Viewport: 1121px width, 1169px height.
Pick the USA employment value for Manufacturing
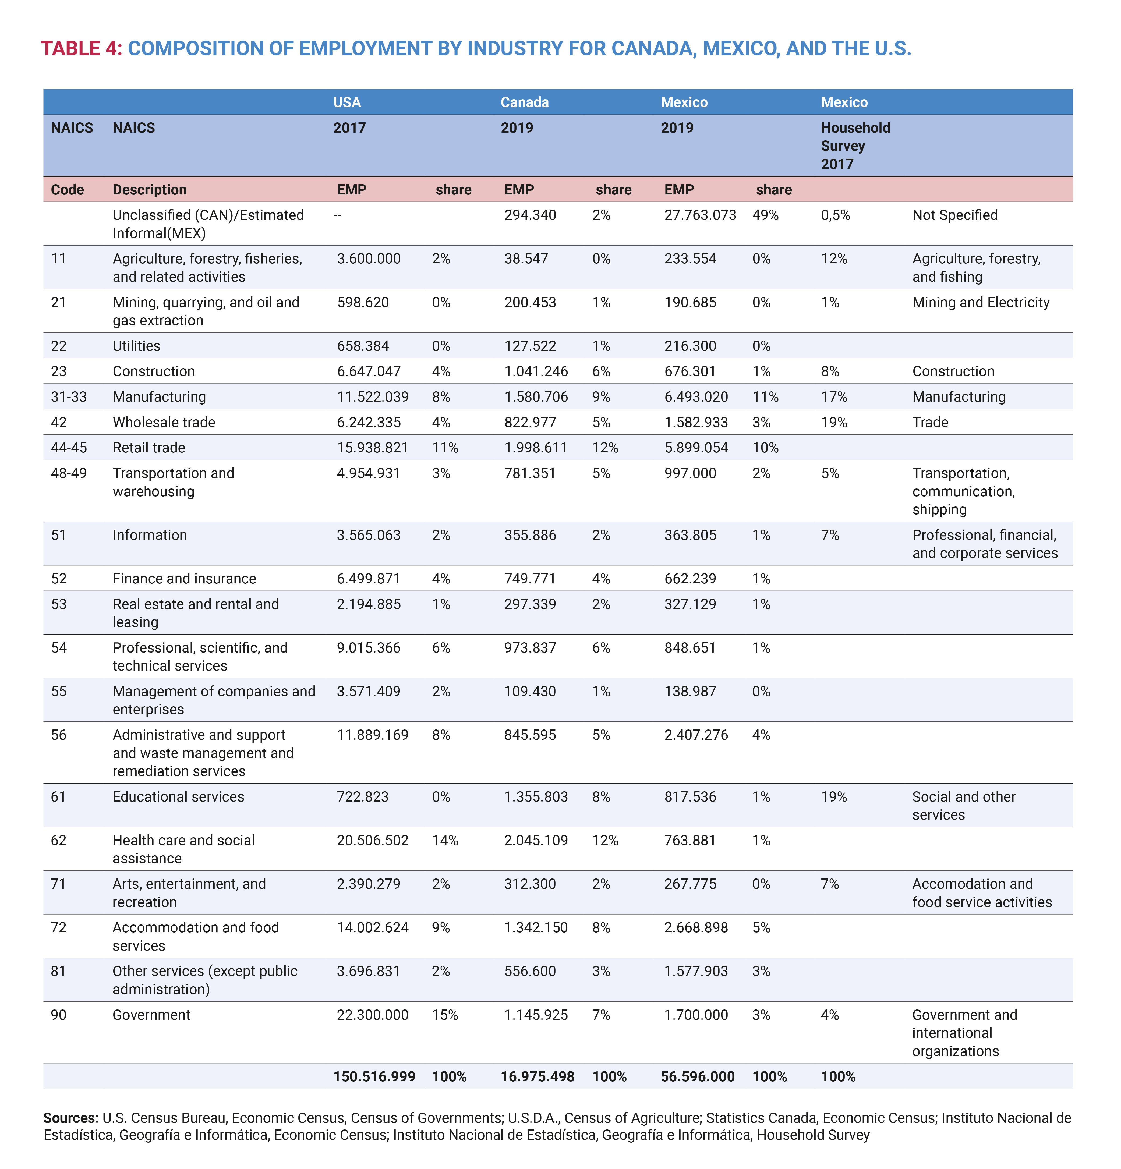(x=372, y=397)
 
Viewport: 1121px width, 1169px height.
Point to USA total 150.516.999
(x=374, y=1076)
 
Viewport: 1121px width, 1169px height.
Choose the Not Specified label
(x=954, y=215)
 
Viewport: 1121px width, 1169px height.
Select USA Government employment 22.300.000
(x=372, y=1015)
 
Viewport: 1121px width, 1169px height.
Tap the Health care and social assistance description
(x=183, y=849)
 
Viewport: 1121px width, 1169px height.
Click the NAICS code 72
(x=58, y=927)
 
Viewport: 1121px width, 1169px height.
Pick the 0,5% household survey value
(x=835, y=215)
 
